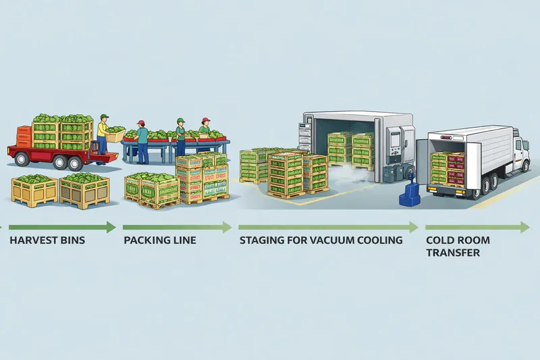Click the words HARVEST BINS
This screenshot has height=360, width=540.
click(x=47, y=240)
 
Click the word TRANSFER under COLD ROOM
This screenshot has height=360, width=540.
click(x=452, y=253)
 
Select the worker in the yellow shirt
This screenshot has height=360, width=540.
click(x=102, y=135)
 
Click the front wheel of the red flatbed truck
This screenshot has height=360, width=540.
click(x=22, y=159)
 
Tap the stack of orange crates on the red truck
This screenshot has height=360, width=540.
click(x=24, y=136)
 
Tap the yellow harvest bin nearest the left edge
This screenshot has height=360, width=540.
click(x=34, y=190)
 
